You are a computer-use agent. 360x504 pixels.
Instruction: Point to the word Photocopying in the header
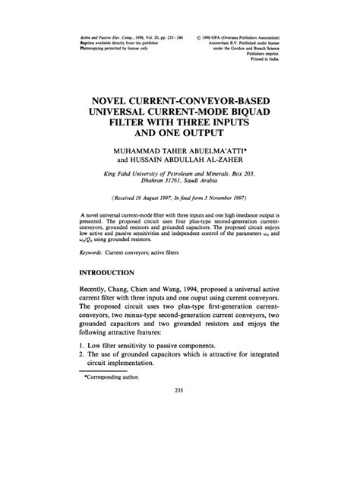click(96, 49)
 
